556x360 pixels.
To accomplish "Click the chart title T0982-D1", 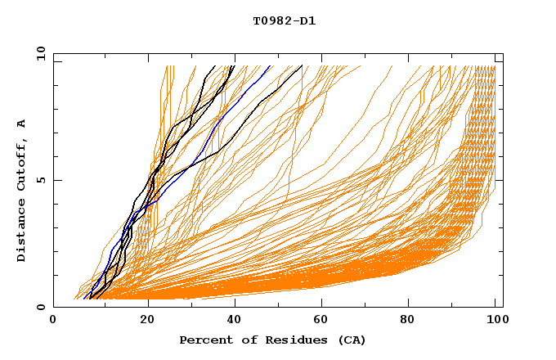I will point(284,20).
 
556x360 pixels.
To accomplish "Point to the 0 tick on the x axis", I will point(54,321).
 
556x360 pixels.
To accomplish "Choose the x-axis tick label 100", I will point(496,321).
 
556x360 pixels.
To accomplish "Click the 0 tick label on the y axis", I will point(40,308).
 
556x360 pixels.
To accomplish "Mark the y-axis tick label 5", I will point(40,180).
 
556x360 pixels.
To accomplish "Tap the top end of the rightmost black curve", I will point(302,66).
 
